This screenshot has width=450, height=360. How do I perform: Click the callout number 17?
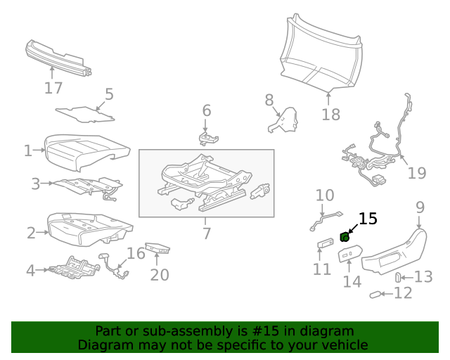point(53,88)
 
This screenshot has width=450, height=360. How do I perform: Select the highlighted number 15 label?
point(368,219)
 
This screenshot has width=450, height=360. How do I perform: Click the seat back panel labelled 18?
point(323,53)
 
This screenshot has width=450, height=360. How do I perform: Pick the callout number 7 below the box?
point(206,233)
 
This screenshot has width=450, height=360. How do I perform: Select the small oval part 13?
point(399,276)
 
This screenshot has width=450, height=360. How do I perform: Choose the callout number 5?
point(109,94)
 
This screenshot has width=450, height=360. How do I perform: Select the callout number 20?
point(160,274)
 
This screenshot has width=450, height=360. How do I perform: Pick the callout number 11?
point(321,269)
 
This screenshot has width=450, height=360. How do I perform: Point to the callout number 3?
point(35,184)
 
